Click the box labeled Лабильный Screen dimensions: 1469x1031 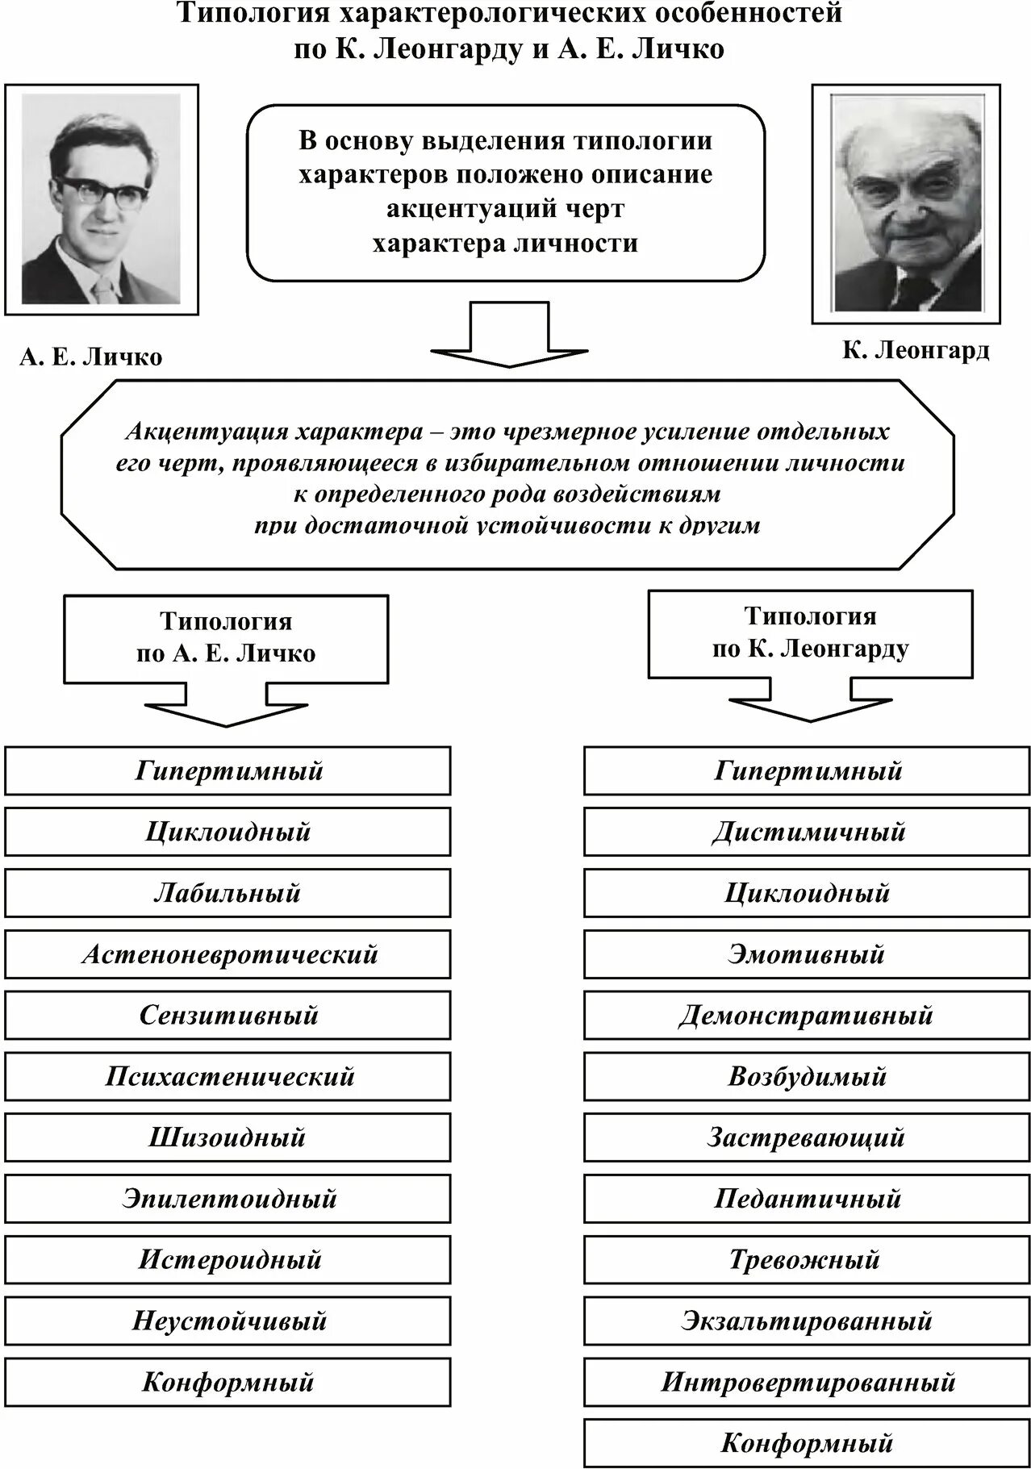pyautogui.click(x=227, y=893)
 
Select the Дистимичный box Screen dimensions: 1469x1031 pyautogui.click(x=808, y=832)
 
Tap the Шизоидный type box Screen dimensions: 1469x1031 pyautogui.click(x=227, y=1137)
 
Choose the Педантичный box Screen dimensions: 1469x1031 pyautogui.click(x=808, y=1199)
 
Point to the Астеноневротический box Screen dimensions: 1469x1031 pyautogui.click(x=227, y=954)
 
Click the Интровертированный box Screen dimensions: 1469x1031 pyautogui.click(x=808, y=1382)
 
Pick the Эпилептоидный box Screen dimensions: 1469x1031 pyautogui.click(x=227, y=1199)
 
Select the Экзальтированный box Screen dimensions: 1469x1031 pyautogui.click(x=808, y=1321)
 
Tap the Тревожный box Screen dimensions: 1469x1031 pyautogui.click(x=808, y=1260)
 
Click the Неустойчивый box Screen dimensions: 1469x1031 pyautogui.click(x=227, y=1321)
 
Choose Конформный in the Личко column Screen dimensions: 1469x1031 pyautogui.click(x=227, y=1382)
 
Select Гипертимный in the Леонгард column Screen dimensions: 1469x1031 pyautogui.click(x=808, y=770)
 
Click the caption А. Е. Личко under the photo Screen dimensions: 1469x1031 pyautogui.click(x=90, y=357)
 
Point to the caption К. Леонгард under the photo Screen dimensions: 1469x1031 pyautogui.click(x=916, y=350)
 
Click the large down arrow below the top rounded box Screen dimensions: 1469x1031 pyautogui.click(x=509, y=335)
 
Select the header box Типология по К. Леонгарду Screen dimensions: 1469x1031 pyautogui.click(x=810, y=633)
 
